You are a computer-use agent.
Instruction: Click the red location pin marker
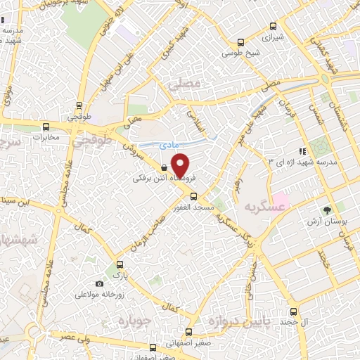tap(181, 165)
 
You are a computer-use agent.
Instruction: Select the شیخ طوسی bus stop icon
tap(242, 41)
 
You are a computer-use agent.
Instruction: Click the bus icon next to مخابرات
tap(46, 127)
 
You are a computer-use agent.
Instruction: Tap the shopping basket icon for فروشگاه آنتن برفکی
tap(164, 168)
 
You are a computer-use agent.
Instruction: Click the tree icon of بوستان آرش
tap(327, 210)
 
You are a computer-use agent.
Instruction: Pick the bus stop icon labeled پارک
tap(119, 264)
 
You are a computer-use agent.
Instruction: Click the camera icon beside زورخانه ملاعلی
tap(99, 283)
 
